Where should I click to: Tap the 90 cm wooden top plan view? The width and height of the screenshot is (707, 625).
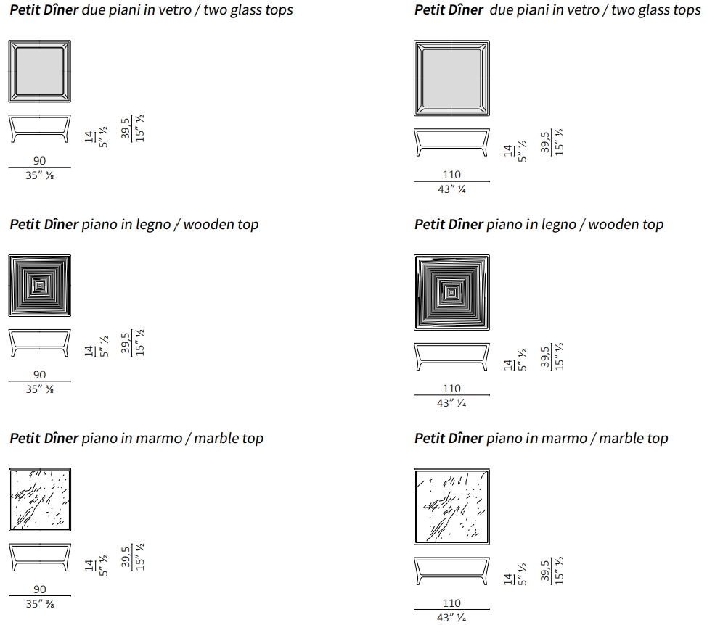[40, 286]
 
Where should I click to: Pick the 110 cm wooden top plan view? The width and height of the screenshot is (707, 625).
[451, 293]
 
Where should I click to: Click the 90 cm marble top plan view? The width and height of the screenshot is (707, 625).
[40, 500]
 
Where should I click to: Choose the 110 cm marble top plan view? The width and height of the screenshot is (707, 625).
[451, 507]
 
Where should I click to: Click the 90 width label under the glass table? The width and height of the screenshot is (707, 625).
[40, 161]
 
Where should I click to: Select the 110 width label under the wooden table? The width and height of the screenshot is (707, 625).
[451, 389]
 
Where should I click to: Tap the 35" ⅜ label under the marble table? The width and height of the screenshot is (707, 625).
[40, 604]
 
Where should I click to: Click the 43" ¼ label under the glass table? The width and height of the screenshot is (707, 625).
[451, 189]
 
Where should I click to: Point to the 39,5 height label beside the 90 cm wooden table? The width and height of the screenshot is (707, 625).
[126, 343]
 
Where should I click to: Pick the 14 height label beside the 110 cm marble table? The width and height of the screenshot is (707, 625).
[508, 579]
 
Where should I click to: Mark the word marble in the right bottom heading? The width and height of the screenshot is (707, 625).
[621, 439]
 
